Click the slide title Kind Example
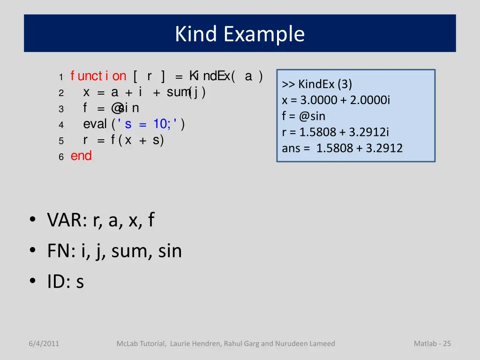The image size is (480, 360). coord(240,34)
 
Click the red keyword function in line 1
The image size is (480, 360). coord(98,76)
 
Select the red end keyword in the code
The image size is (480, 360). coord(81,156)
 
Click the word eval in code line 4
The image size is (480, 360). coord(95,124)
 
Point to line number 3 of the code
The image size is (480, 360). coord(61,109)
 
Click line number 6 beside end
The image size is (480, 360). coord(61,157)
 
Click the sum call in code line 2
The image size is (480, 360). coord(178,92)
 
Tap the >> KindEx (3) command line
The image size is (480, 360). coord(317,84)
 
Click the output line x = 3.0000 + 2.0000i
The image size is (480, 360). coord(336,100)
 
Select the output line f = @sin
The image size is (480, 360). coord(303,116)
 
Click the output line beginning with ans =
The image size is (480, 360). coord(342,149)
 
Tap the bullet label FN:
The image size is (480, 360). coord(61,251)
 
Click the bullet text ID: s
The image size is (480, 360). coord(66,282)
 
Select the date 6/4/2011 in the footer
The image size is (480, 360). coord(44,344)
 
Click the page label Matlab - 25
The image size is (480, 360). coord(432,344)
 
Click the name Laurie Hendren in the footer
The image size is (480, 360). coord(195,344)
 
